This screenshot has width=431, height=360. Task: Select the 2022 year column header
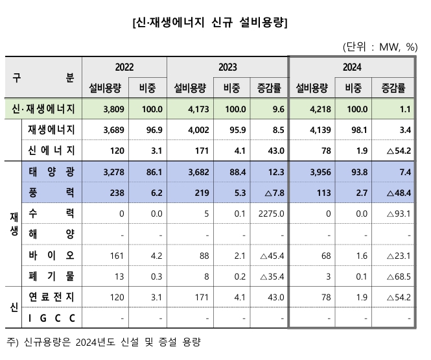tap(126, 67)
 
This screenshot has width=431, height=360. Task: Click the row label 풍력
tap(52, 193)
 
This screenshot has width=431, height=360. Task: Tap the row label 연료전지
tap(52, 297)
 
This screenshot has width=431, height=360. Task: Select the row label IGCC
tap(52, 318)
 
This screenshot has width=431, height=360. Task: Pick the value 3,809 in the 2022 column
tap(106, 109)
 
